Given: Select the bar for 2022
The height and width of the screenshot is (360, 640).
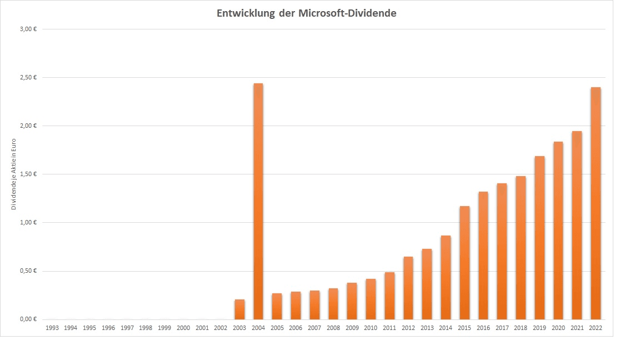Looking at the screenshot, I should [596, 203].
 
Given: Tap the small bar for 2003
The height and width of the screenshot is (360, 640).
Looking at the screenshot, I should [239, 309].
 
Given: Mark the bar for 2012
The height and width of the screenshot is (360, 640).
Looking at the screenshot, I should [408, 288].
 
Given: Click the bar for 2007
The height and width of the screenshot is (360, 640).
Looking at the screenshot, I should [314, 305].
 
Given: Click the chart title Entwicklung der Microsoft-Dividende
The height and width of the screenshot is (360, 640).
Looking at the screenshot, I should [306, 13].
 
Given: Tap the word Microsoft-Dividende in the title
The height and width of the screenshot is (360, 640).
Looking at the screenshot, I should [347, 13].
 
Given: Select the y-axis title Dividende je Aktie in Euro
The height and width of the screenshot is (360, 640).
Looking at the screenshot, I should [14, 174].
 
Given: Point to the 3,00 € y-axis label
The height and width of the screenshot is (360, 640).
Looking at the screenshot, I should [28, 29].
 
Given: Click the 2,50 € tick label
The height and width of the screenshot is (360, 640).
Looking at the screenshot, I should [28, 77].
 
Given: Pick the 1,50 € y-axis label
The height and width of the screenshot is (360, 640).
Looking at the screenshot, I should [28, 174].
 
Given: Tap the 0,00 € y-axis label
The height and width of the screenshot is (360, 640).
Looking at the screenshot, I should [28, 319].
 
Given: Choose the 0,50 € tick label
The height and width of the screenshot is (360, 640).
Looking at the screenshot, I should [28, 271].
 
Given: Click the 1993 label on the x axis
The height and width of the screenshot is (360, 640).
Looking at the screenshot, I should [52, 328].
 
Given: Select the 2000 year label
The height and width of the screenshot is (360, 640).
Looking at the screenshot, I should [183, 328].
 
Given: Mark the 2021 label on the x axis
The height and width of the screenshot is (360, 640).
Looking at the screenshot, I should [577, 328].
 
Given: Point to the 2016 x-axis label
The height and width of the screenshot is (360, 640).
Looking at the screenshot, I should [483, 328].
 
